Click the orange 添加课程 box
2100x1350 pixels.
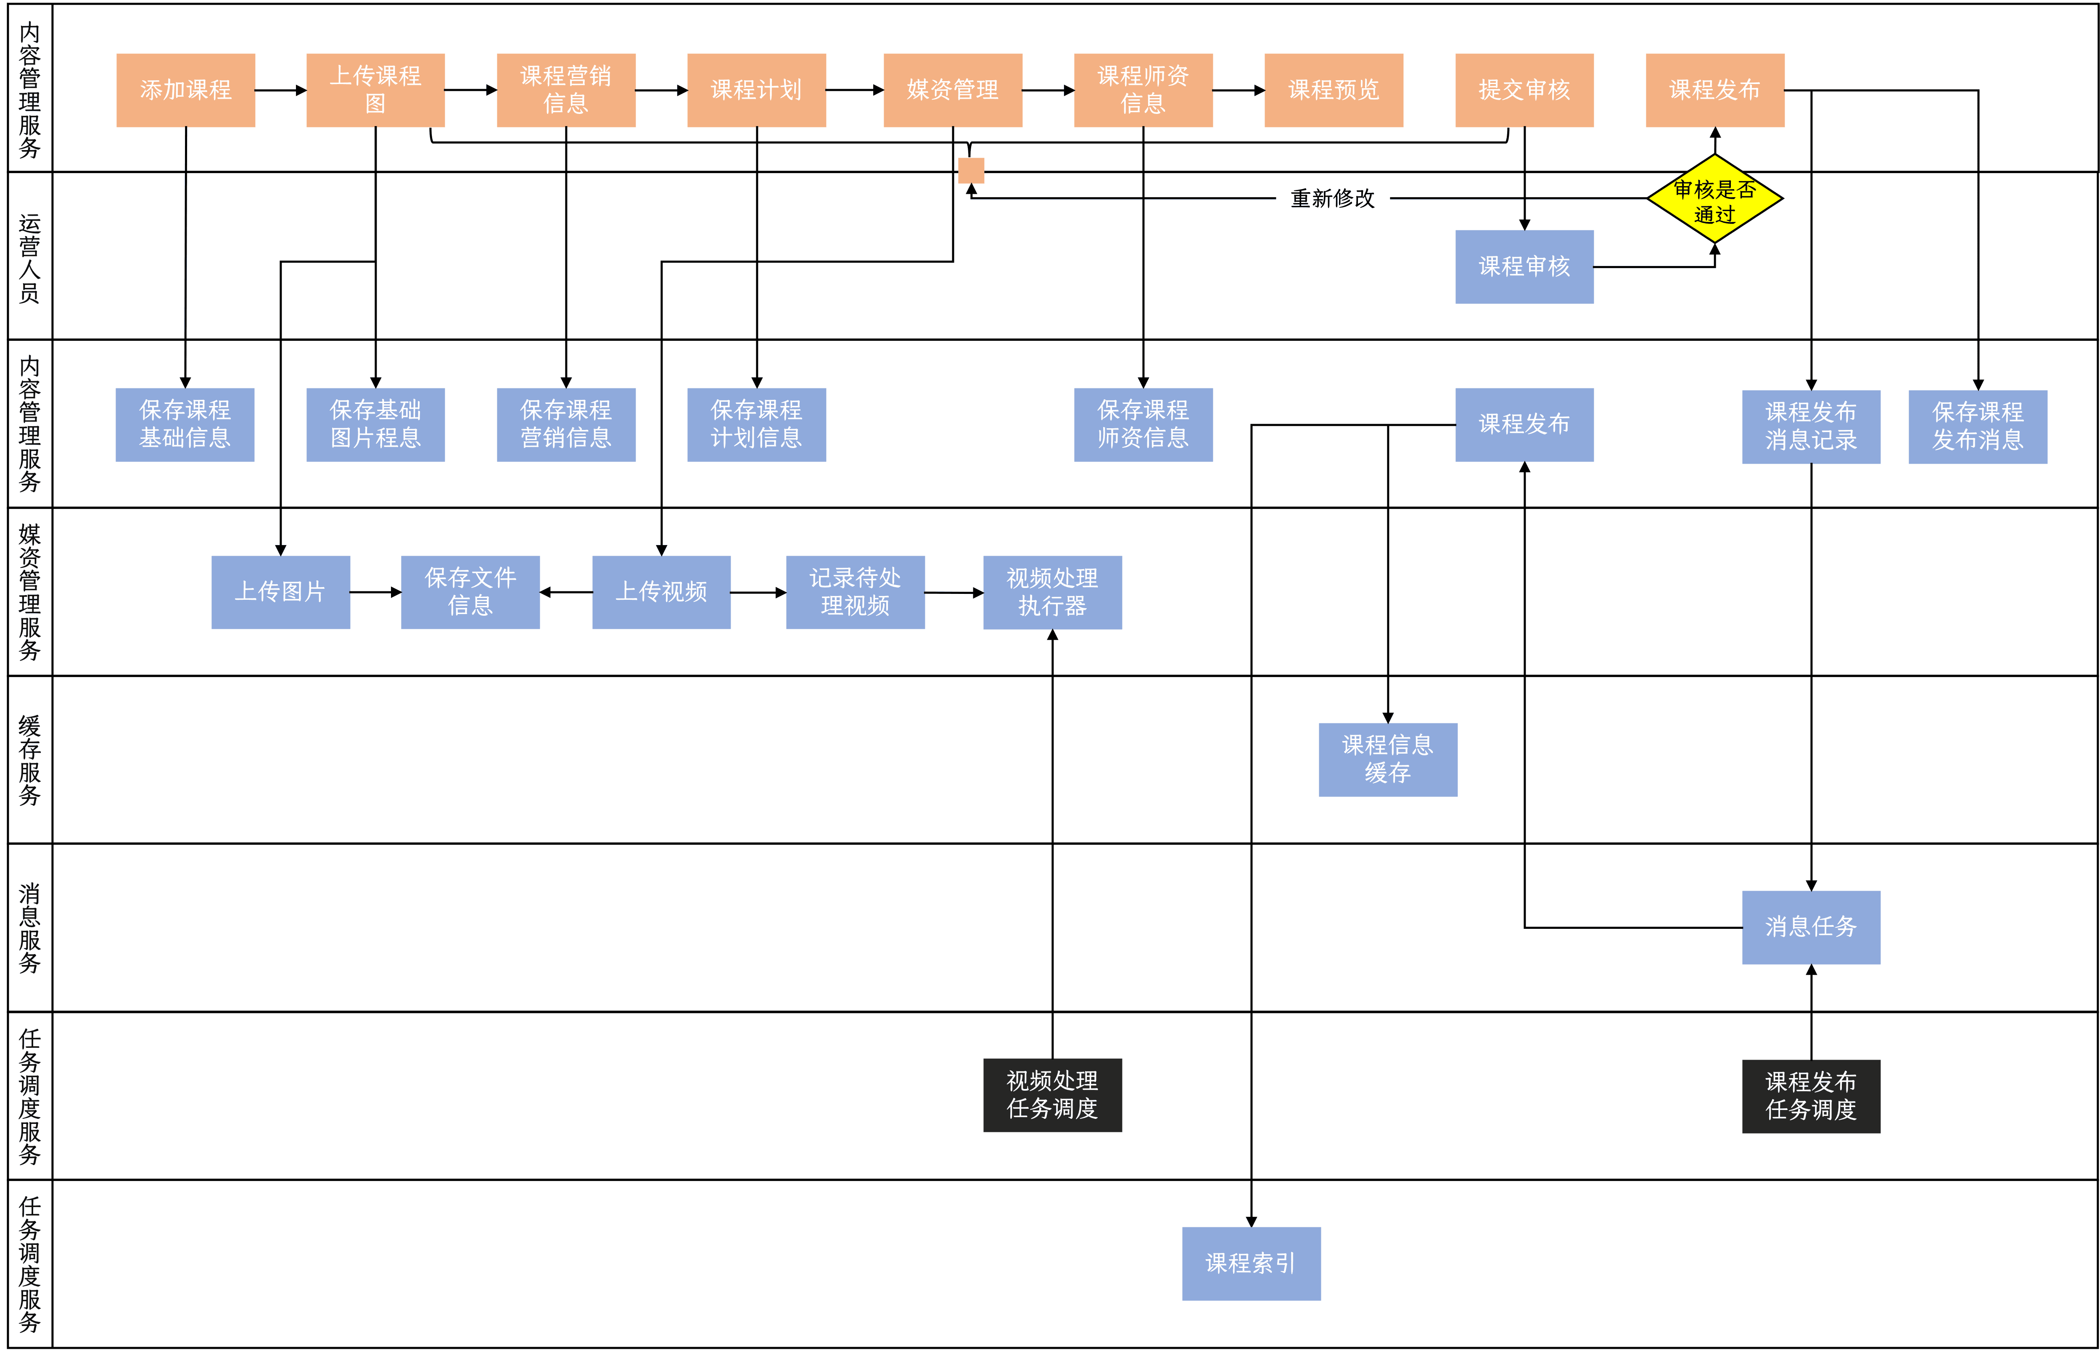coord(186,90)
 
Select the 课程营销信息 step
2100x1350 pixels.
coord(565,90)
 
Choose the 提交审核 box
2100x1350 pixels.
coord(1524,90)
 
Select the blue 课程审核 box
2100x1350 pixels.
coord(1524,266)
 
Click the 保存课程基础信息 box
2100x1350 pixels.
coord(185,424)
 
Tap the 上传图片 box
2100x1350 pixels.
coord(280,592)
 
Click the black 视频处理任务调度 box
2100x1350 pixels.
coord(1052,1095)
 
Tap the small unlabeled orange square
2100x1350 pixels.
coord(971,170)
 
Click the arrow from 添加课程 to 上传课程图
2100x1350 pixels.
coord(280,90)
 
